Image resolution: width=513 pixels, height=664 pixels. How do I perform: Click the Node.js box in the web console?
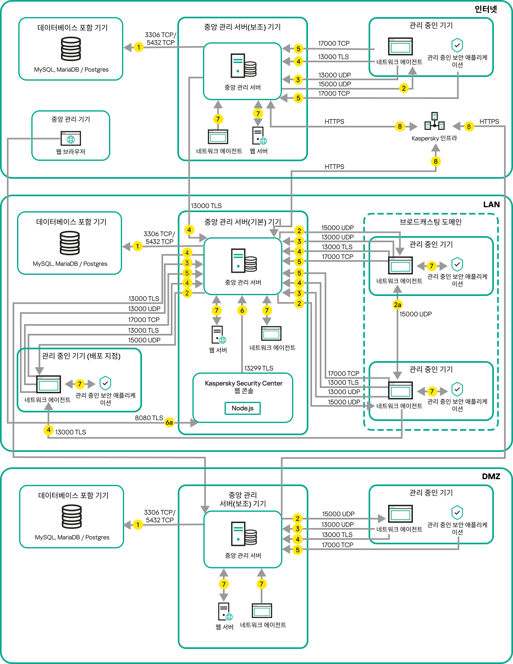click(242, 408)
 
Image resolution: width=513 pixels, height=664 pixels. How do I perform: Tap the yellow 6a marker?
click(169, 423)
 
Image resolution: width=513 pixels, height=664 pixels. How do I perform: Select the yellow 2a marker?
click(397, 305)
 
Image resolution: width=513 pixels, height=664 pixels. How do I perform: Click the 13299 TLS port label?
click(259, 368)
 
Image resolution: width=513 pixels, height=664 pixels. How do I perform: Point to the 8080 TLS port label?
click(149, 418)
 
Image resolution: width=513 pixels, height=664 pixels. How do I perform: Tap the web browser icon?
click(71, 138)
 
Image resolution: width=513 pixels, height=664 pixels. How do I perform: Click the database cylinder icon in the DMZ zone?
click(72, 517)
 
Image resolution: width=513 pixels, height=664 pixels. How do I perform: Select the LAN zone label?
click(491, 204)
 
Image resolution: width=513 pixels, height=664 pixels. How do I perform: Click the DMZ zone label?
click(491, 476)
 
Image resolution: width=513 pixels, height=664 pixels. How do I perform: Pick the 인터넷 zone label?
click(486, 9)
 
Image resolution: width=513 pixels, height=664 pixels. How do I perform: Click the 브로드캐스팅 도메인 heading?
click(430, 222)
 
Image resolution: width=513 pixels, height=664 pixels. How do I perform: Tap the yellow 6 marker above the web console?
click(242, 311)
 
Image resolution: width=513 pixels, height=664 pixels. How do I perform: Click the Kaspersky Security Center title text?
click(244, 383)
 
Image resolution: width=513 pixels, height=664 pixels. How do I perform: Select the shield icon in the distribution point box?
click(105, 383)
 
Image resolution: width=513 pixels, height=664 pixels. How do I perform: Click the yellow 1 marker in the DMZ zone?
click(138, 524)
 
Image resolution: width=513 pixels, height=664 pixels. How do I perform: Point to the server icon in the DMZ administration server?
click(244, 533)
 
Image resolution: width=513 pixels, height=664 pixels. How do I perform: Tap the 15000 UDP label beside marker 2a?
click(415, 314)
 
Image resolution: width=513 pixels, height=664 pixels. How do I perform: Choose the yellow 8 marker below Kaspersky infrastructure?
click(436, 161)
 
